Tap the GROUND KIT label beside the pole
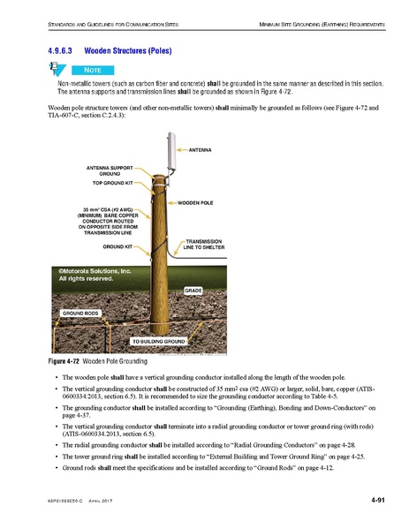point(117,246)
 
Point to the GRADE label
point(194,290)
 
